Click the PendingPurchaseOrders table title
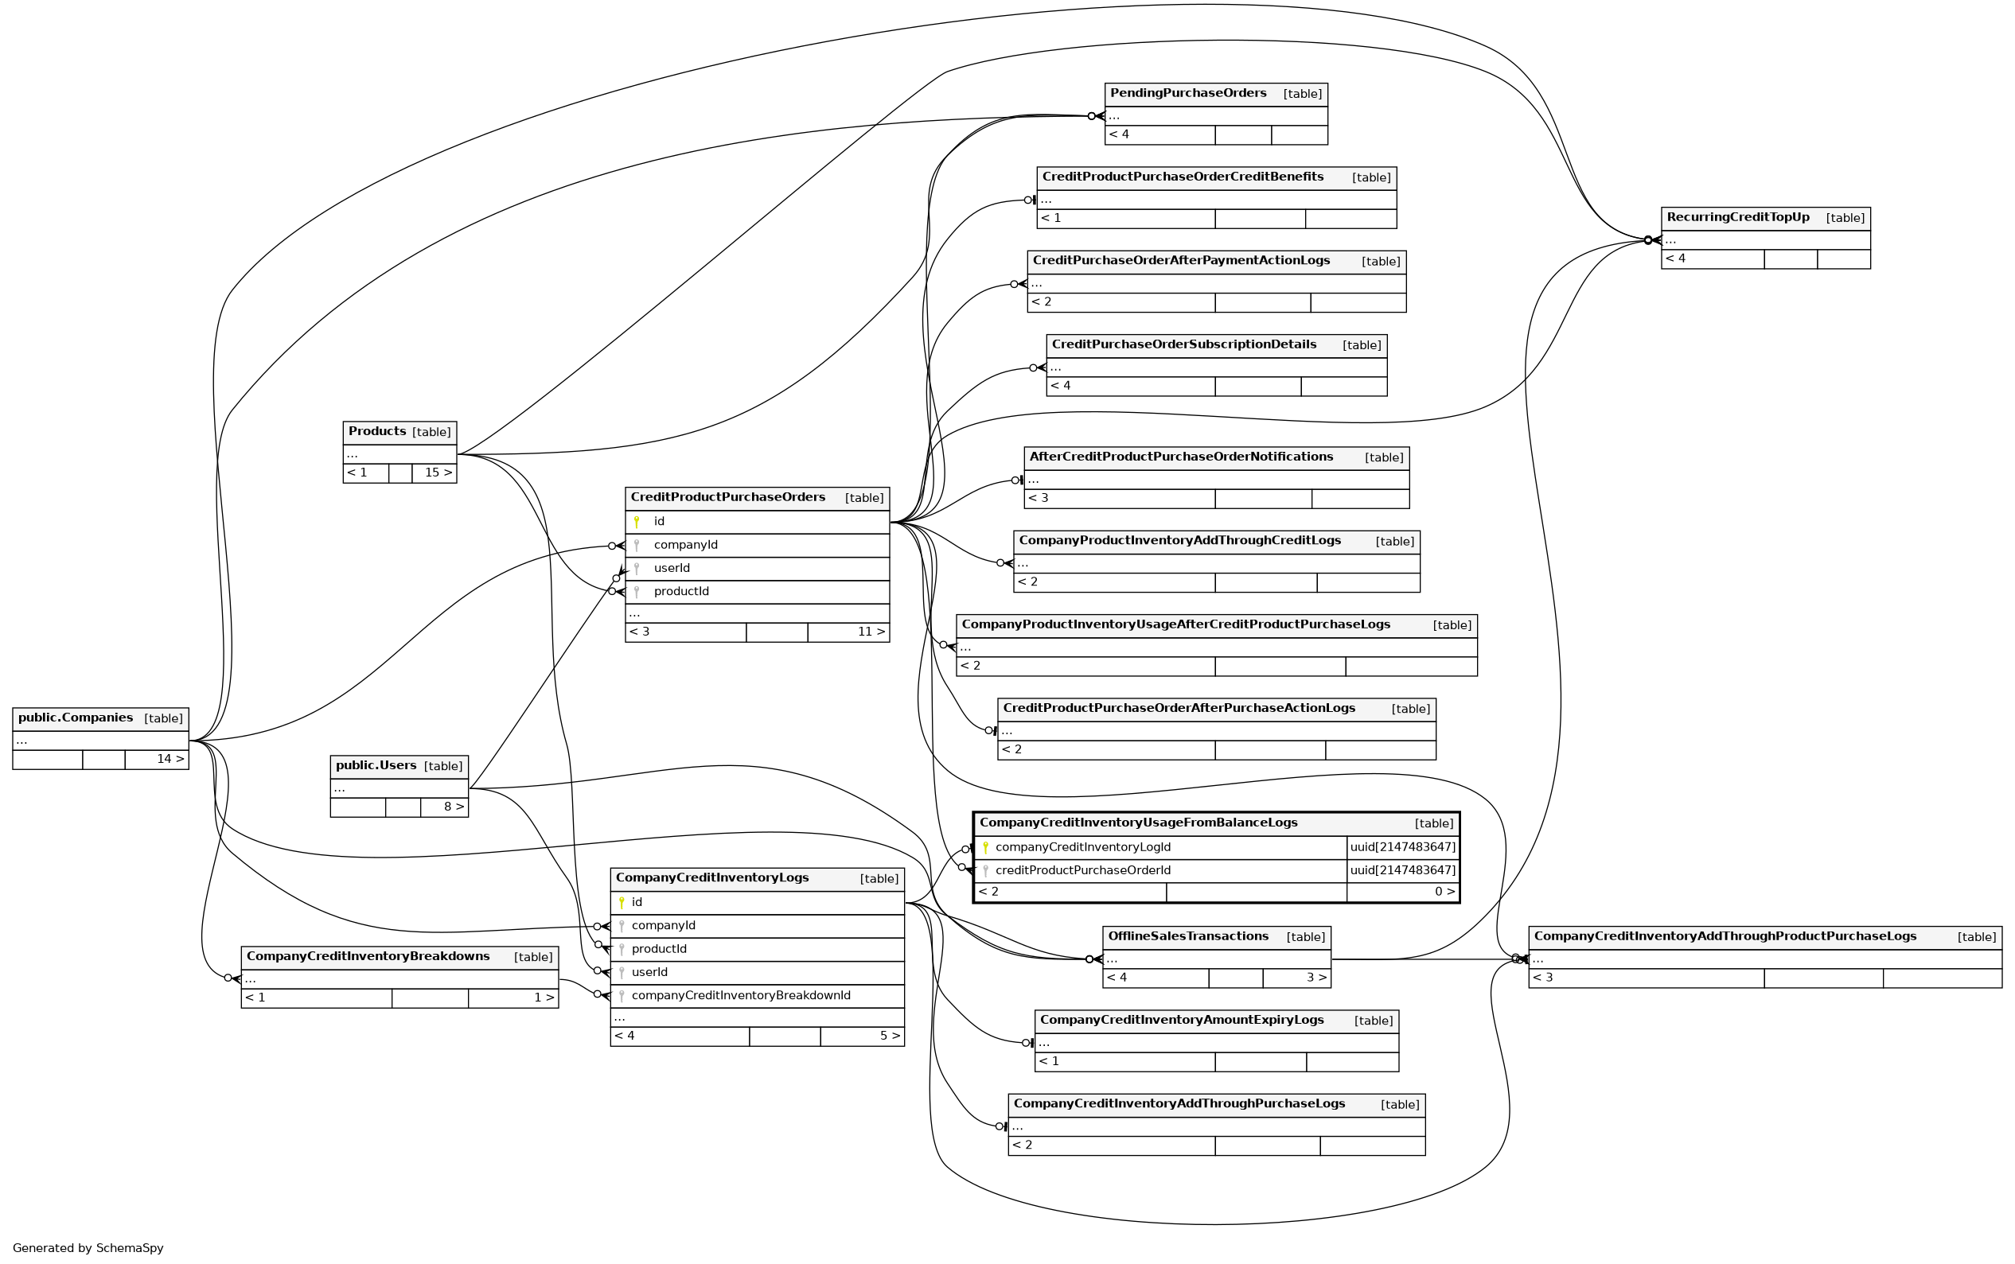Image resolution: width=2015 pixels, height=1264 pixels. point(1187,94)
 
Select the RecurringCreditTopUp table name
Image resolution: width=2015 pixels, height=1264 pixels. point(1737,217)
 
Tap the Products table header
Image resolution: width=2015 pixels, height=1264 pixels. point(377,431)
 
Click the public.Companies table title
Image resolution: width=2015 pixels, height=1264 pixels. point(76,718)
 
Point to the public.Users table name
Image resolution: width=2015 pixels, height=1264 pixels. point(376,766)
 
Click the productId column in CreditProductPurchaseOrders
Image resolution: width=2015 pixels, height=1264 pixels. point(680,592)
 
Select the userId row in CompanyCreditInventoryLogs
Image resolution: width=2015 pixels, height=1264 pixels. point(649,972)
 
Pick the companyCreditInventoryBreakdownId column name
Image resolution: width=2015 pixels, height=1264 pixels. point(741,996)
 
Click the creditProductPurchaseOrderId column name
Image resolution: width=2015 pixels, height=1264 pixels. point(1082,870)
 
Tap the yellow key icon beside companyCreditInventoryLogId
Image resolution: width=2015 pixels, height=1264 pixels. point(985,848)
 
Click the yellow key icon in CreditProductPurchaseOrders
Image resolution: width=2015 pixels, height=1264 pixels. point(637,522)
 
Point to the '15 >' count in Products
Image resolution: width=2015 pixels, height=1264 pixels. point(437,473)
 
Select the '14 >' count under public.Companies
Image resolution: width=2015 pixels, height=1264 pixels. point(170,759)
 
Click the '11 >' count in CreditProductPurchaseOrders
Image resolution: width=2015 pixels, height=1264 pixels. point(871,632)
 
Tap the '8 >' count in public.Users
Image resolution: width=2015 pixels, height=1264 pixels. point(453,807)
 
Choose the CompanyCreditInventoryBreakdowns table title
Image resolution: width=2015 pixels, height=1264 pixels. point(368,956)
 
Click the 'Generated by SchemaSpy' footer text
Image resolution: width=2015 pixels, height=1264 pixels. point(88,1248)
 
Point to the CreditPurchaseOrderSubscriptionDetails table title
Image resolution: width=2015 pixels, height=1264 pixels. point(1183,344)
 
